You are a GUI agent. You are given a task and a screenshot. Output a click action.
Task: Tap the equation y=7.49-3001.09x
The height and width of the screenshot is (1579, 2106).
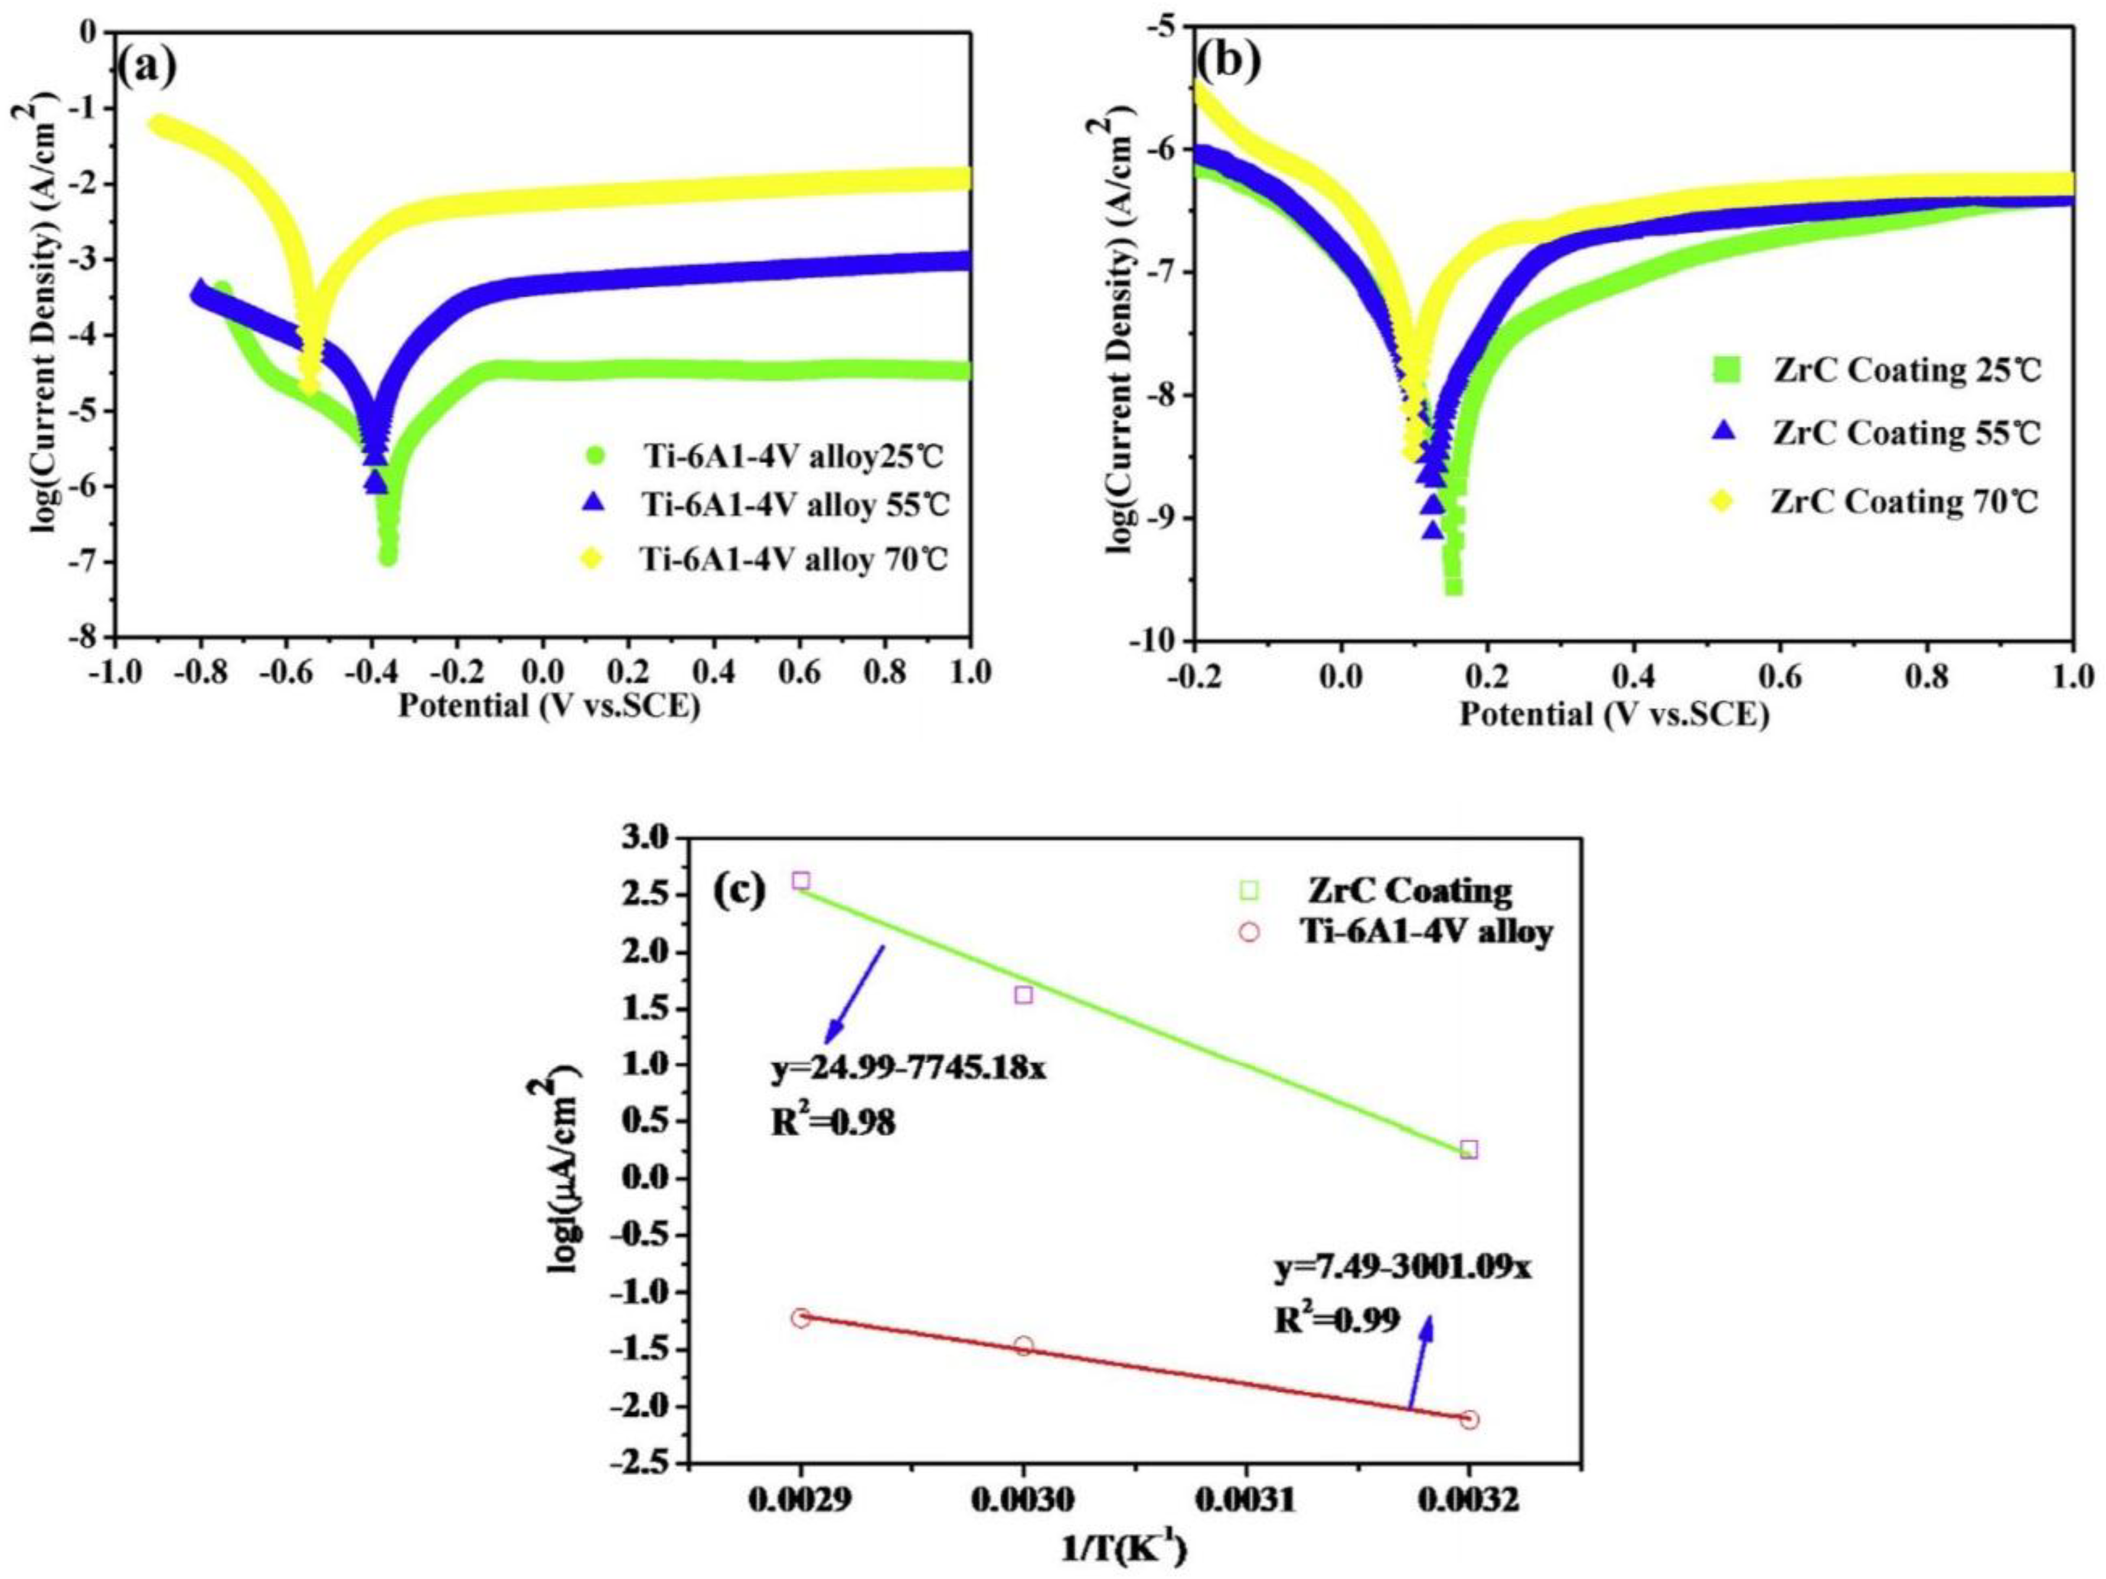1402,1268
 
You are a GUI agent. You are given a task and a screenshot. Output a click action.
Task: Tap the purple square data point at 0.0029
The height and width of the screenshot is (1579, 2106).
801,880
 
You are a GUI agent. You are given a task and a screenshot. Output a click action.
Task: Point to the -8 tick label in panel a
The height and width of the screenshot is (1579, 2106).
92,638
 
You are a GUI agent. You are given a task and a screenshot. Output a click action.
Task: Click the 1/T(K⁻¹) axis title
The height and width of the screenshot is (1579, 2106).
1124,1553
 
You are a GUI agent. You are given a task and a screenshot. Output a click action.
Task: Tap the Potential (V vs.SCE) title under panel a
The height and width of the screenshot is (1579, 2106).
548,706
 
